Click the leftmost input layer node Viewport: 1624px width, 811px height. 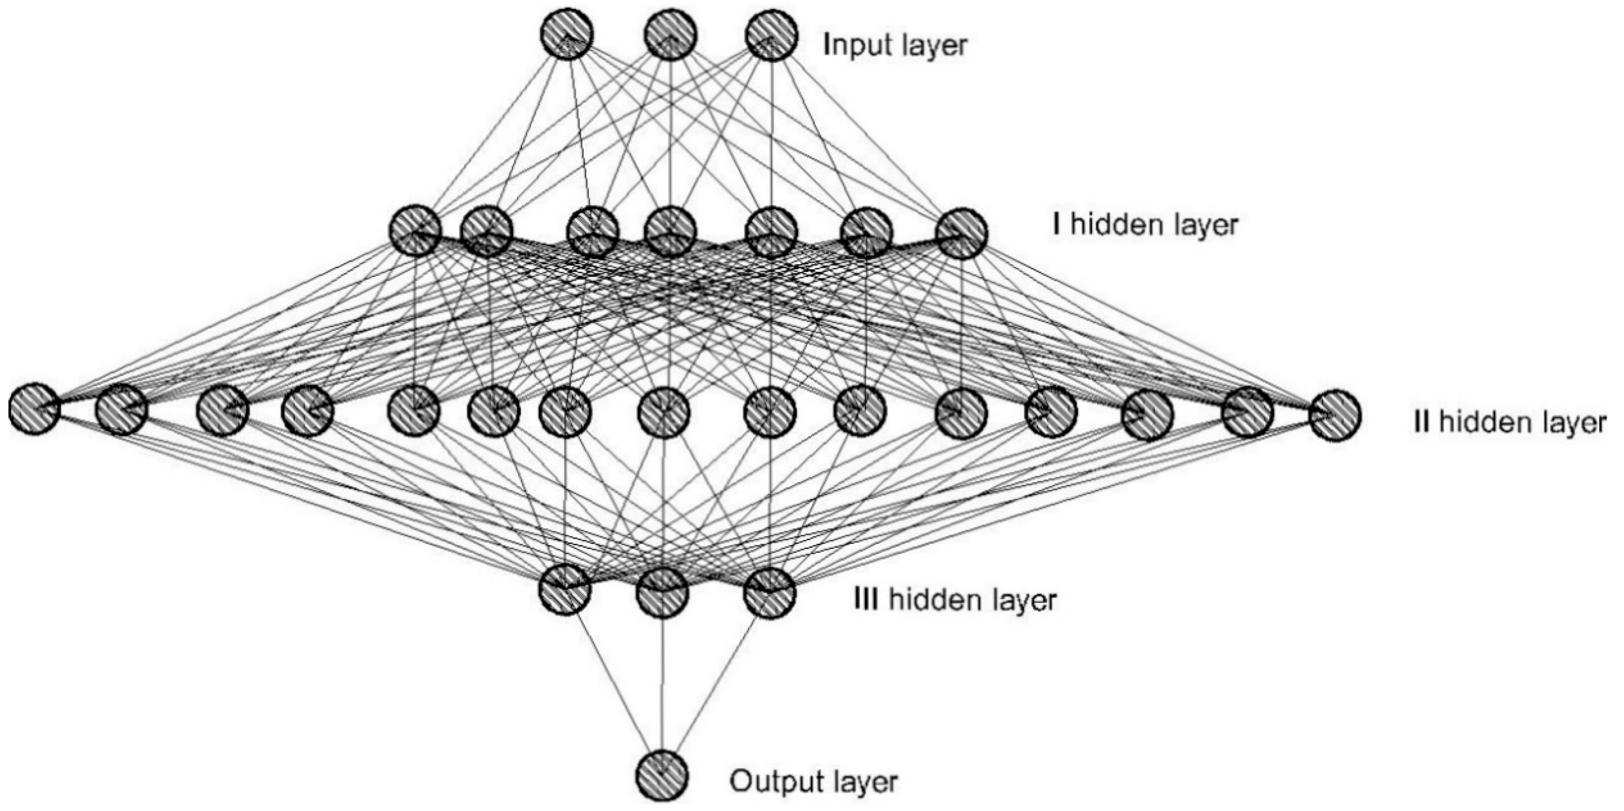566,35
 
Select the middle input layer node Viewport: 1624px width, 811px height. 670,35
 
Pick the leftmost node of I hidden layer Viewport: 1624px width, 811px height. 414,230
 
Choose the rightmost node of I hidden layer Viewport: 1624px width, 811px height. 961,234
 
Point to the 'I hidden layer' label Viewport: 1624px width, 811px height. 1144,224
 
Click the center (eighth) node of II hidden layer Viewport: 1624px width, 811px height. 663,413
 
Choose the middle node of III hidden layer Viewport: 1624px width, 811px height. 662,593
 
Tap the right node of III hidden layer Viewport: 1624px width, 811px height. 769,592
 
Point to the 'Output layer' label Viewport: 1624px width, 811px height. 813,781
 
